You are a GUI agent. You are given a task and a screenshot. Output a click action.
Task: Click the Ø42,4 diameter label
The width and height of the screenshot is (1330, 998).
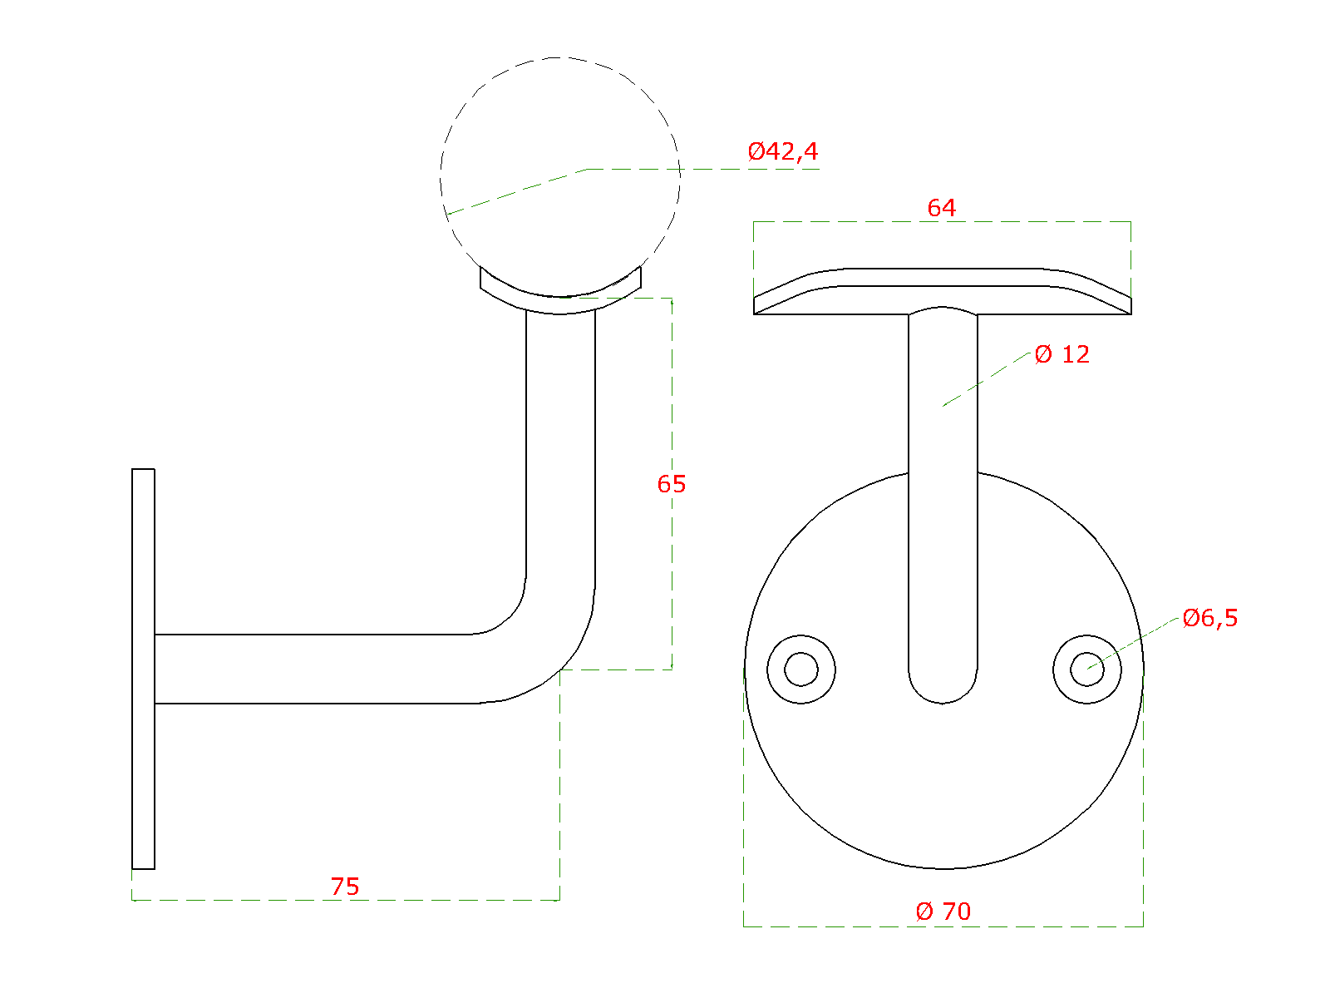point(783,151)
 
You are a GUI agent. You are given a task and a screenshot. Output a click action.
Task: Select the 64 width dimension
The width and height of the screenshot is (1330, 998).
point(942,209)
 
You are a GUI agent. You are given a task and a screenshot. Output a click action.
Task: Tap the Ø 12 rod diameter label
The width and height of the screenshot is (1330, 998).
point(1062,354)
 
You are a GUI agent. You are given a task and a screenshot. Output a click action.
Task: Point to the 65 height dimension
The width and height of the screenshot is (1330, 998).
point(672,484)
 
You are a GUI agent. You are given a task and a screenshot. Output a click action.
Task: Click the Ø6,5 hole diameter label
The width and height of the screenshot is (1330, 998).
point(1210,618)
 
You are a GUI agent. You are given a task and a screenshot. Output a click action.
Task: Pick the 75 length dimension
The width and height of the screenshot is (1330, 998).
point(345,887)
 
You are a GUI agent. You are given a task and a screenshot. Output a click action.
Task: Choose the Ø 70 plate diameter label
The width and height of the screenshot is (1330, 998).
point(943,912)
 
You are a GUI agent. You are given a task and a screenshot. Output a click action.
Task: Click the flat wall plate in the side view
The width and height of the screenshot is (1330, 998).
point(143,669)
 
